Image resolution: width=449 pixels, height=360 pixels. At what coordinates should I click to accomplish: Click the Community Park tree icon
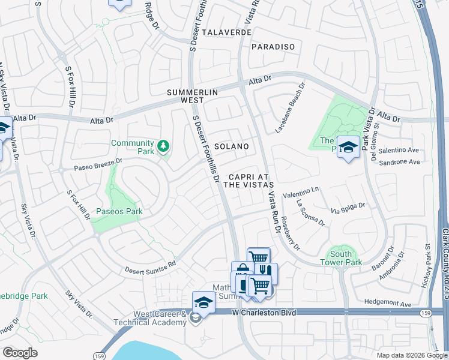coord(163,146)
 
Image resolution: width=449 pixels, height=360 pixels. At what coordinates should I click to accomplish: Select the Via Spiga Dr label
coord(348,209)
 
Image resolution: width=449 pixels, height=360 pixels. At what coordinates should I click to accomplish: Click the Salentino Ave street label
coord(399,149)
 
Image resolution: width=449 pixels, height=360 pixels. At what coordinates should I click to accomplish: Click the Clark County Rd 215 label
coord(445,264)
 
